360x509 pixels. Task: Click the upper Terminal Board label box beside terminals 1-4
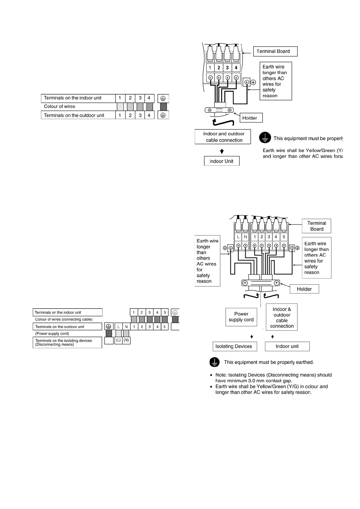point(275,51)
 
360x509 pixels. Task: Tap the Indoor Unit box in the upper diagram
point(221,161)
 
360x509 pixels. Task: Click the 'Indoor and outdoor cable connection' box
point(223,137)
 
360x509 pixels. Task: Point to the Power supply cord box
point(241,317)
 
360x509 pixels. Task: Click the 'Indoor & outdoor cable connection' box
point(282,317)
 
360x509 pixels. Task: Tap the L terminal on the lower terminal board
point(238,237)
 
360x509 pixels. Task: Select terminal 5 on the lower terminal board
point(283,237)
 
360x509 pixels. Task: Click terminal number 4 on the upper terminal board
point(236,68)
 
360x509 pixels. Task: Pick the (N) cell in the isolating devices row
point(126,340)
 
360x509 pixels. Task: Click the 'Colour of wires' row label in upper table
point(60,106)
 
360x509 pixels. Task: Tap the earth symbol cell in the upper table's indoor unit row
point(163,98)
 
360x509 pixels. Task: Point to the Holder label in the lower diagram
point(304,289)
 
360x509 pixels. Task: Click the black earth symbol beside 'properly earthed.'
point(214,362)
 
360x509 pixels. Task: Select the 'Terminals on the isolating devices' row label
point(67,342)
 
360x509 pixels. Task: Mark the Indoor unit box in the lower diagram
point(287,346)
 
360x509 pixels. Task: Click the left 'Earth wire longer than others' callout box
point(207,261)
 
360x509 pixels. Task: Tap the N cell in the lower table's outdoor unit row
point(126,327)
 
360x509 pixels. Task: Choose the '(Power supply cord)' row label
point(52,334)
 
